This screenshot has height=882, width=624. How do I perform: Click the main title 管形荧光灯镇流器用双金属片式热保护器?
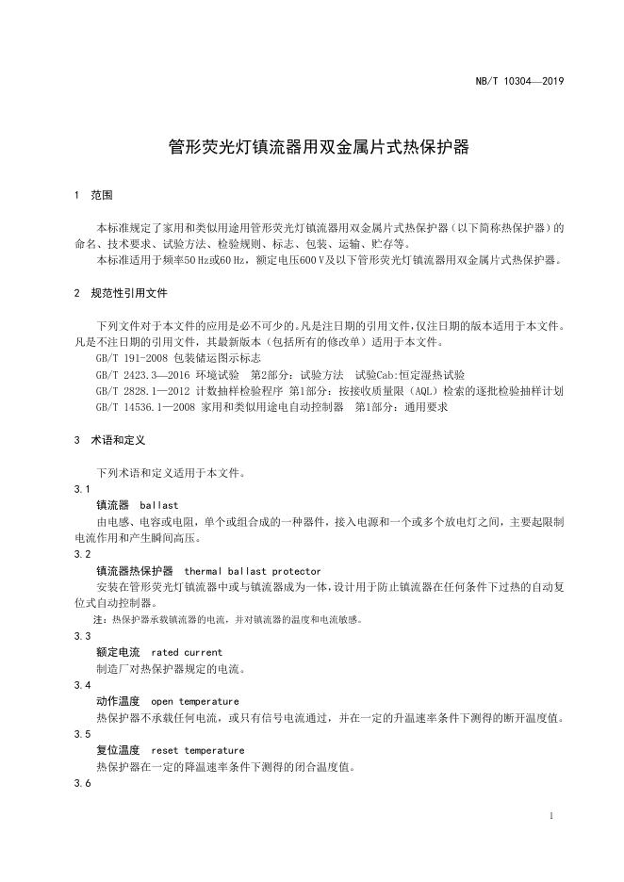click(318, 147)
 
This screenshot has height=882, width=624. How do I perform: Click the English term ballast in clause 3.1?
click(158, 505)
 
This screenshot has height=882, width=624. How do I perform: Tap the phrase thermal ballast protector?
click(252, 571)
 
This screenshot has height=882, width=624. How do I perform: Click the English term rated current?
click(187, 652)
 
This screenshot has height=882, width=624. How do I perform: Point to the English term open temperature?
click(194, 701)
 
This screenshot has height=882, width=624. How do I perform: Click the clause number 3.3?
click(82, 636)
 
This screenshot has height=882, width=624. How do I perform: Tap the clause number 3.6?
click(82, 783)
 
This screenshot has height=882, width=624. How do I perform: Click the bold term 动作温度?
click(118, 701)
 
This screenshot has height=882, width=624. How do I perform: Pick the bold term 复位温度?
click(118, 750)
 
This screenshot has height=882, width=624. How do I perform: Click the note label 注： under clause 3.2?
click(100, 619)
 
